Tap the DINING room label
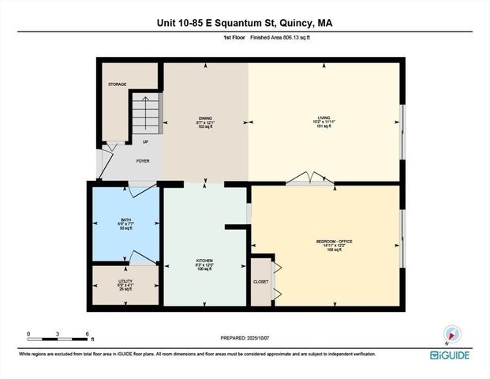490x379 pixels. click(x=205, y=118)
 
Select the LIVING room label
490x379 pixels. click(x=322, y=118)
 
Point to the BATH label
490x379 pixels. click(x=125, y=220)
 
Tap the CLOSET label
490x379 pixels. click(x=261, y=282)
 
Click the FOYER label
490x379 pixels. click(x=143, y=160)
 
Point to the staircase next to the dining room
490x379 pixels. click(x=145, y=113)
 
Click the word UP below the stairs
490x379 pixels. click(x=145, y=142)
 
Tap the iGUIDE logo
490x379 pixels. click(x=449, y=355)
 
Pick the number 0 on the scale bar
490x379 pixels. click(x=28, y=333)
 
